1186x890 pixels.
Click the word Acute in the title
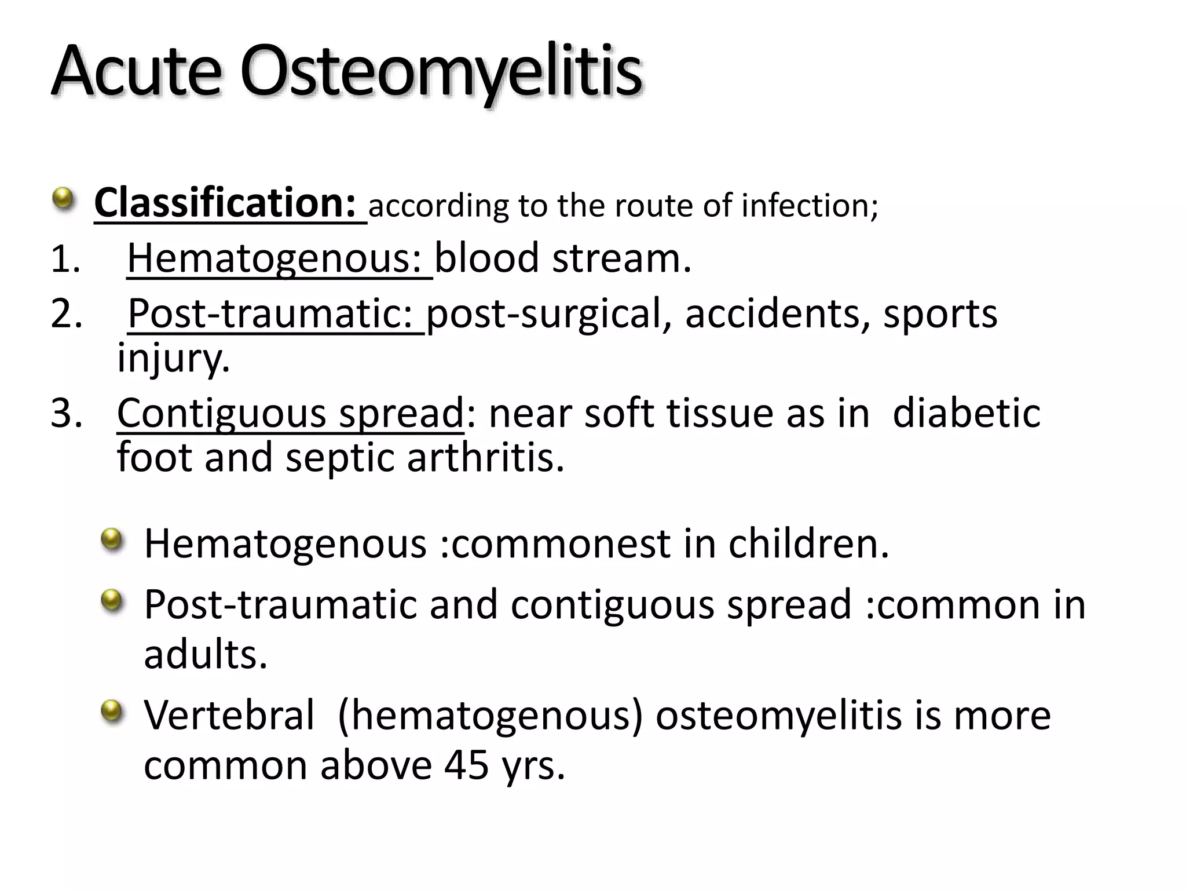tap(137, 72)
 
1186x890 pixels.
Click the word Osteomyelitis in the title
tap(441, 72)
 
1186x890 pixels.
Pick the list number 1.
tap(65, 258)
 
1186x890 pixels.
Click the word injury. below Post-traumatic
tap(174, 358)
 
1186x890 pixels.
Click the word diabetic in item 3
tap(966, 413)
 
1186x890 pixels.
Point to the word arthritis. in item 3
tap(485, 458)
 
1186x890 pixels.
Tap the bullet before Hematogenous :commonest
tap(112, 539)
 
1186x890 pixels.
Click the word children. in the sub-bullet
tap(808, 544)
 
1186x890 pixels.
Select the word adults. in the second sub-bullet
tap(206, 655)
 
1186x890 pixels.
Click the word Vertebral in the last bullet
tap(229, 715)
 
